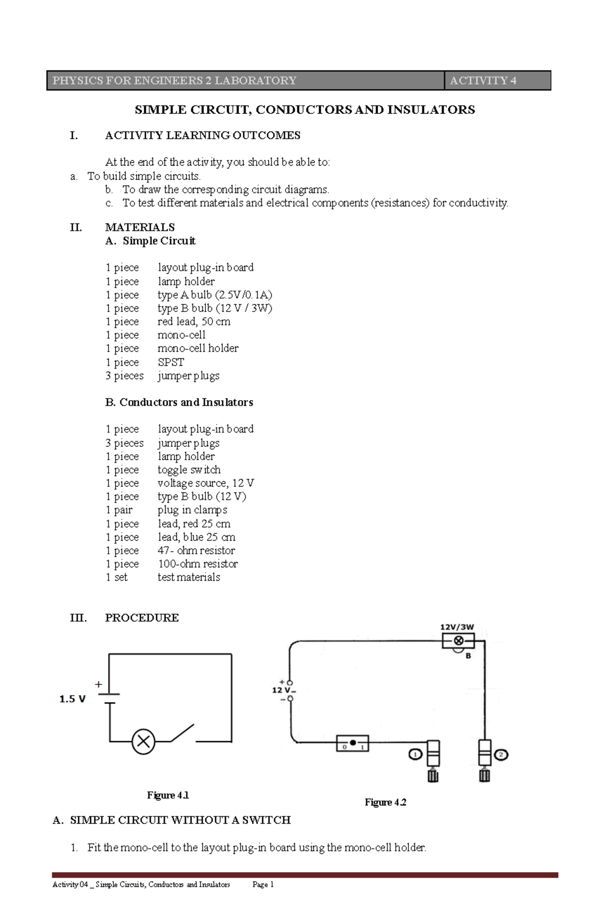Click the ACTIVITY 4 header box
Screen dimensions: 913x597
(x=497, y=81)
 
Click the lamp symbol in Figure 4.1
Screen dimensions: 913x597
(x=143, y=741)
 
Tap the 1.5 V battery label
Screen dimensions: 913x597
(x=73, y=699)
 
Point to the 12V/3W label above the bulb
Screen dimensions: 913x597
(x=457, y=627)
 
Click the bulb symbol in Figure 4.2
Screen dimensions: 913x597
(x=459, y=641)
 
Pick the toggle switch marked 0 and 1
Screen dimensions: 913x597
(x=353, y=743)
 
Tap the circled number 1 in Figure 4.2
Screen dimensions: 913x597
(x=415, y=754)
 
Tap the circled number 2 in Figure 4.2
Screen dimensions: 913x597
(x=500, y=755)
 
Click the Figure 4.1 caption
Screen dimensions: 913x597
(x=168, y=795)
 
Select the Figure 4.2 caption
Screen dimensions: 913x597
(x=386, y=802)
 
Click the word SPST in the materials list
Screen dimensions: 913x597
(x=171, y=362)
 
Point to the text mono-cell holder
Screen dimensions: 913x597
(x=198, y=348)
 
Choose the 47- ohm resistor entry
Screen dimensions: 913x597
(x=196, y=550)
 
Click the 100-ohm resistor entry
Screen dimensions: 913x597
(x=198, y=564)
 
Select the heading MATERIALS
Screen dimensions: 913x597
(x=140, y=227)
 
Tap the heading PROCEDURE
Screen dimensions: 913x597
(x=142, y=617)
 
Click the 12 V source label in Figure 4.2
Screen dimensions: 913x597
(x=283, y=690)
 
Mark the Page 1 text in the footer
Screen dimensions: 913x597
(x=263, y=884)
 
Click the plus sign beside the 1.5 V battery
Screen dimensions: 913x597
(x=99, y=685)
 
